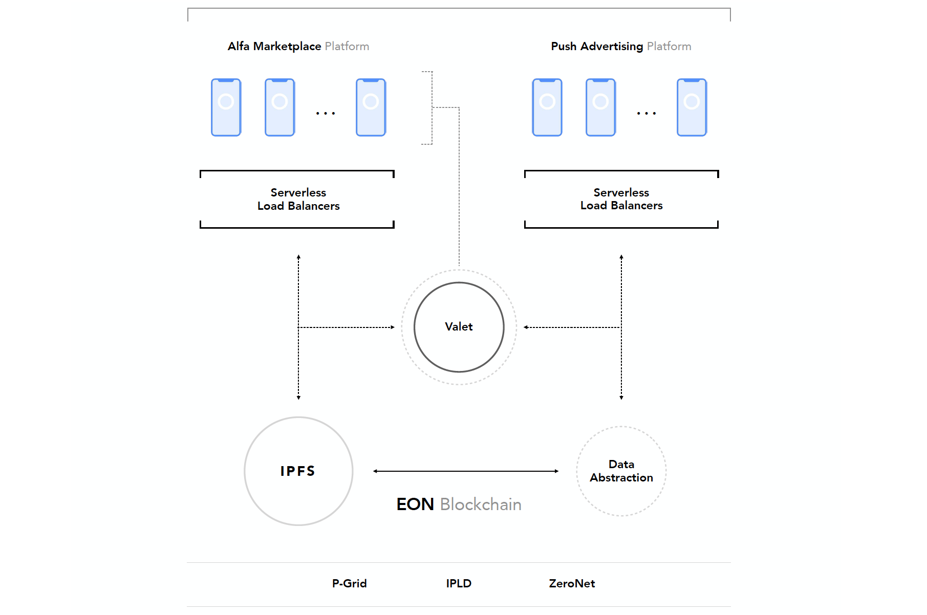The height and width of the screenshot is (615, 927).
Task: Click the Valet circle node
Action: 459,327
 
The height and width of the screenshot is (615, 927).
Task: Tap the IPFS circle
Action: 298,471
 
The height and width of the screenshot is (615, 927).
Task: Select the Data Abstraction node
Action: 621,471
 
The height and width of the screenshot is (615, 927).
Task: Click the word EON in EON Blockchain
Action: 415,504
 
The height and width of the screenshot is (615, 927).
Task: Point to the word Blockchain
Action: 481,504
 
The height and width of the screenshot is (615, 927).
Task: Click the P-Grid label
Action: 349,583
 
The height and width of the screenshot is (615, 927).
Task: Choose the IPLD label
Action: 459,583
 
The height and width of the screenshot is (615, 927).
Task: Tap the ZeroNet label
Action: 572,583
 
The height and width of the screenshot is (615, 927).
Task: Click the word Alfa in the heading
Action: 239,46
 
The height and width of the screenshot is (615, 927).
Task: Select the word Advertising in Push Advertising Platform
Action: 612,46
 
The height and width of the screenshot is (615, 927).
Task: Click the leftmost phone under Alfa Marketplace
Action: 226,107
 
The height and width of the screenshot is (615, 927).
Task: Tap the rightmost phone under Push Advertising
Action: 692,107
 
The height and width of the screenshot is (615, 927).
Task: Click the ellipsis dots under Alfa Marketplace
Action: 326,113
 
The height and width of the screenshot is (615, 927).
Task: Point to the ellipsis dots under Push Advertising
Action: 646,113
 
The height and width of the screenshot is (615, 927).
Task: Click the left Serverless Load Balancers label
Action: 298,199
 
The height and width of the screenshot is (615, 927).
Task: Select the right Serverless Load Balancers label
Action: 621,199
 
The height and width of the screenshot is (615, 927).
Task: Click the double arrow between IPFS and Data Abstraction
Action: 466,471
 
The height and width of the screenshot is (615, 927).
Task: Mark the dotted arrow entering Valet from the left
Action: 347,327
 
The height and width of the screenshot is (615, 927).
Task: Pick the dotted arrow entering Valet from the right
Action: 572,327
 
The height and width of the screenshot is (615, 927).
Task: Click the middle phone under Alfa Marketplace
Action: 279,107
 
